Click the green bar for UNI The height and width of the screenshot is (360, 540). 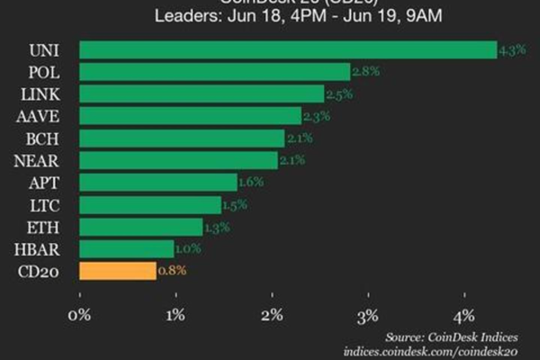click(288, 49)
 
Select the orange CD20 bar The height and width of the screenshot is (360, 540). click(118, 270)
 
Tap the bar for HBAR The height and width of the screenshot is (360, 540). click(127, 248)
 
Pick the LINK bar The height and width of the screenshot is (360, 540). click(202, 94)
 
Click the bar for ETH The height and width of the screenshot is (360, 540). click(141, 226)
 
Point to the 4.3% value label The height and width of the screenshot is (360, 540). click(510, 51)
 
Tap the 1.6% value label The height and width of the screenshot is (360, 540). click(251, 183)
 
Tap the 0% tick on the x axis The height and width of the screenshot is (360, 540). click(80, 315)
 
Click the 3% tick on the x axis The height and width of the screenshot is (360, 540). click(368, 315)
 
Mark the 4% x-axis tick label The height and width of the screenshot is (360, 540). click(464, 315)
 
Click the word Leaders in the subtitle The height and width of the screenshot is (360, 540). click(184, 15)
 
